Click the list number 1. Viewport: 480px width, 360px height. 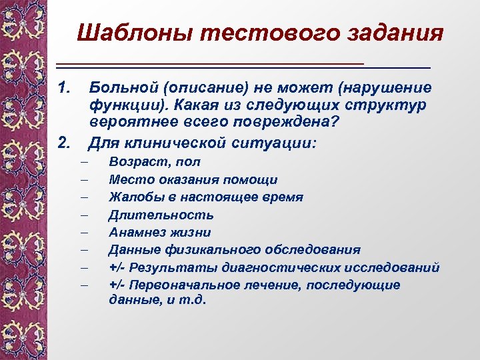[x=64, y=88]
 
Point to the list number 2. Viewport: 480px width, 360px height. [x=64, y=142]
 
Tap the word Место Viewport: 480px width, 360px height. [x=126, y=179]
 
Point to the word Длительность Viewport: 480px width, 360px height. [x=161, y=215]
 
